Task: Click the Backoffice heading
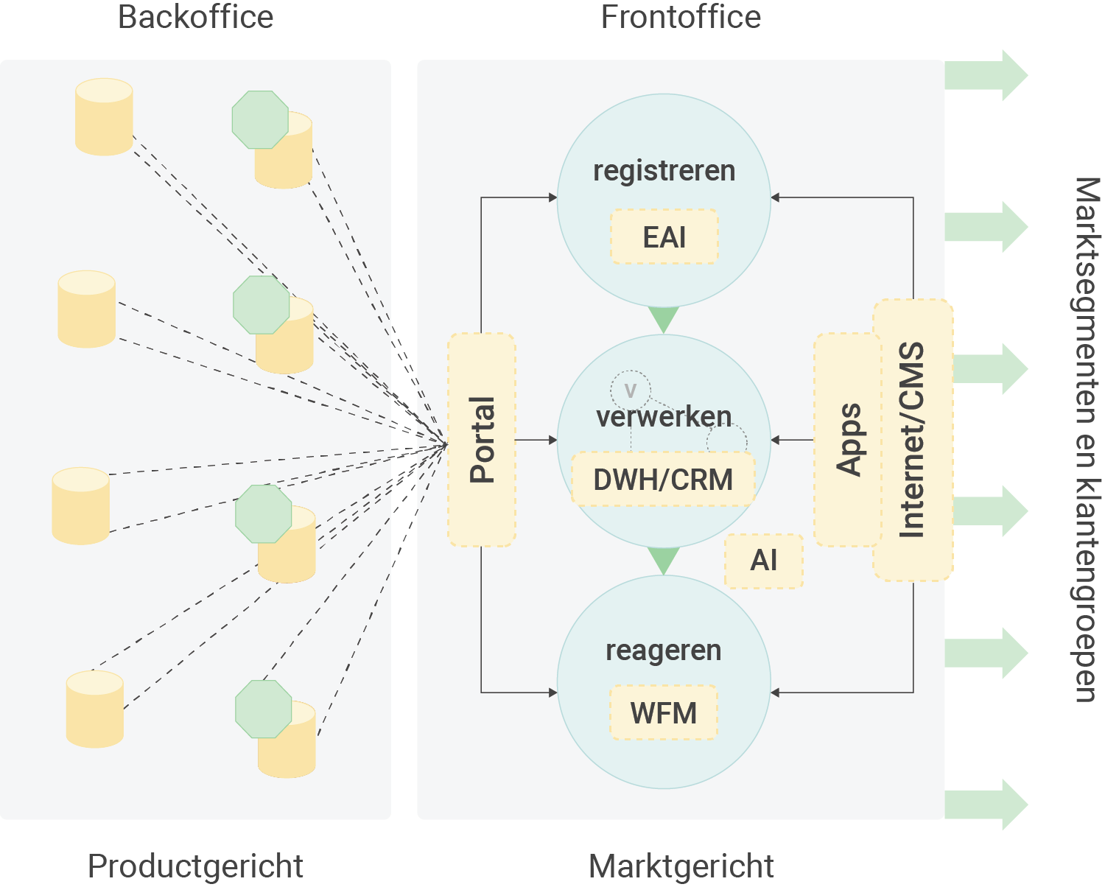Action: coord(195,17)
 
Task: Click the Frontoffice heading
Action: coord(681,17)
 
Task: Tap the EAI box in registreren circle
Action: coord(664,237)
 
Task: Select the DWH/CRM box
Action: coord(663,480)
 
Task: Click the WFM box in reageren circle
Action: coord(663,712)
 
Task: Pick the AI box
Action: coord(764,561)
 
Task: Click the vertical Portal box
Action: coord(482,440)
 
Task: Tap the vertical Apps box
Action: coord(847,440)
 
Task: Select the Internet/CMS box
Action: coord(913,440)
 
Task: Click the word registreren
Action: coord(664,171)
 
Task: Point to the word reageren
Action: coord(663,651)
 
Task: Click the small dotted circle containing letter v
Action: coord(630,390)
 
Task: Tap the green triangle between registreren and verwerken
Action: coord(664,319)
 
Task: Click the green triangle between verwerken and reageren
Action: coord(664,560)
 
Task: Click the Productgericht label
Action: coord(195,866)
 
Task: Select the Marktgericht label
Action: coord(681,866)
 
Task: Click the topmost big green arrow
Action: coord(986,75)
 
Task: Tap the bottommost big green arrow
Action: coord(986,804)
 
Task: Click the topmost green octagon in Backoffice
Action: coord(260,119)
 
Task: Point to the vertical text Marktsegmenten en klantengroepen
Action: coord(1087,440)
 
